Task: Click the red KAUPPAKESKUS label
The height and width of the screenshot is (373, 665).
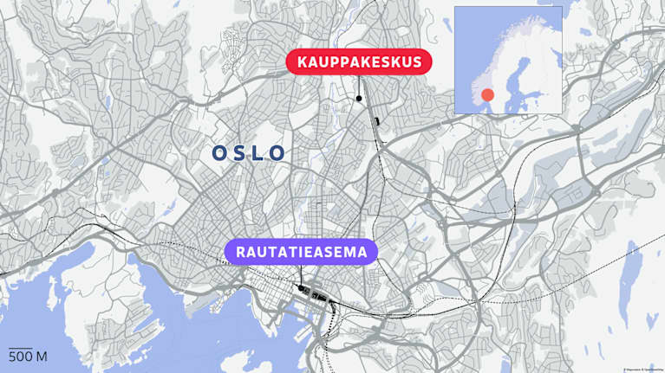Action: point(359,62)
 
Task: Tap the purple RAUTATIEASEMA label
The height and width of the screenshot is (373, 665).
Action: point(300,253)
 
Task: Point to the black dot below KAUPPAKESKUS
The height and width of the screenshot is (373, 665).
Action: point(359,99)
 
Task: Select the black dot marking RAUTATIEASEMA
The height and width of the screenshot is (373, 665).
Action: point(300,288)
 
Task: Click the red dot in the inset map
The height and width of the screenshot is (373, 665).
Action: point(488,94)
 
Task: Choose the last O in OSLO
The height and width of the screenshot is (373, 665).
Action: point(277,153)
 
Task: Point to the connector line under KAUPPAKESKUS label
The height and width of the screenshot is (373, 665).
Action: point(359,86)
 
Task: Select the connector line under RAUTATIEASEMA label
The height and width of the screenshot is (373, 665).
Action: point(300,275)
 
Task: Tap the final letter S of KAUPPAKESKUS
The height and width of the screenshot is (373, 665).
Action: point(416,62)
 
